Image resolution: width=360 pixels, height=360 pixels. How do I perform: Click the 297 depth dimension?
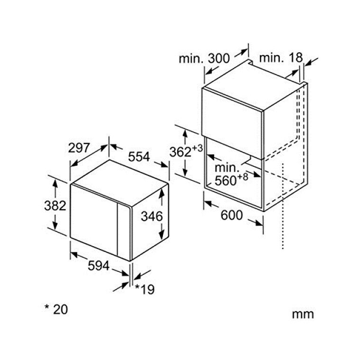pos(78,148)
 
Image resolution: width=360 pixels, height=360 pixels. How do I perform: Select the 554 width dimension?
pos(139,157)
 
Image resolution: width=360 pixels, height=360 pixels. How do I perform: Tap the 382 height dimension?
pos(55,205)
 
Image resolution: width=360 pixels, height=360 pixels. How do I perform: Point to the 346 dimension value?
pos(151,216)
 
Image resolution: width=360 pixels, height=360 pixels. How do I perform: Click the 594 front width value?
pos(98,266)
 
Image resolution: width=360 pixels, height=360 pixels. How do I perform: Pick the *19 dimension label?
pos(144,289)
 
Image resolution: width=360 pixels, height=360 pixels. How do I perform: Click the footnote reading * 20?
pos(56,309)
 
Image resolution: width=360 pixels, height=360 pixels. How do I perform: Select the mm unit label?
pos(303,314)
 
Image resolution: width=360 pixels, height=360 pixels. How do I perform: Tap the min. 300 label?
pos(204,58)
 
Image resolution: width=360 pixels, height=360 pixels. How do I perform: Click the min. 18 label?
pos(281,57)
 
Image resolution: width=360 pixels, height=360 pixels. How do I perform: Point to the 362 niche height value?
pos(180,152)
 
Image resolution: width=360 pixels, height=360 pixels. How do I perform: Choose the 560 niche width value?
pos(225,180)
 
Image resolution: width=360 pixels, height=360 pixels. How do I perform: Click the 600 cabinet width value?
pos(232,215)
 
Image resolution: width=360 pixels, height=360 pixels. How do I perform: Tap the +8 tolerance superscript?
pos(242,177)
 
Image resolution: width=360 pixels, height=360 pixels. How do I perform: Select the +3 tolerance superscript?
pos(197,148)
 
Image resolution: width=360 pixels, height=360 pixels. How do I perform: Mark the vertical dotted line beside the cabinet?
pos(283,206)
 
